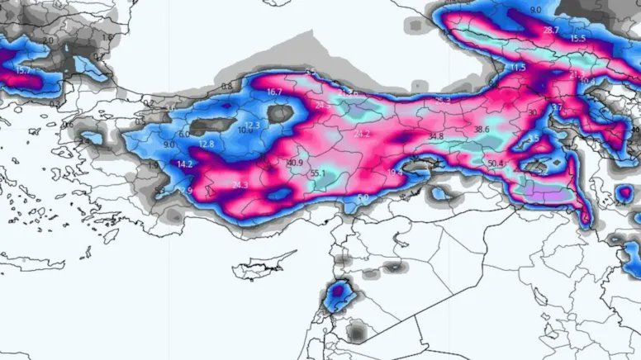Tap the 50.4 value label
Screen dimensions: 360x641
coord(496,164)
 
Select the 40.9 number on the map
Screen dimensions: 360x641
coord(295,163)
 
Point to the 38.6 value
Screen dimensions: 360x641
coord(482,130)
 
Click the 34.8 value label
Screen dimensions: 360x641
coord(436,136)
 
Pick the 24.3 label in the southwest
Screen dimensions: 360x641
coord(240,185)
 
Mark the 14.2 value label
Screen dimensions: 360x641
coord(185,164)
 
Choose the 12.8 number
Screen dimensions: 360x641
coord(207,144)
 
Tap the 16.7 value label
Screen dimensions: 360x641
coord(274,92)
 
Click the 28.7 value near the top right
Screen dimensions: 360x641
coord(551,30)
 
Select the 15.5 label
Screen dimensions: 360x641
coord(577,39)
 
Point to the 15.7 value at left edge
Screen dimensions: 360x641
coord(22,71)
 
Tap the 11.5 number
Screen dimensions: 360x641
coord(518,68)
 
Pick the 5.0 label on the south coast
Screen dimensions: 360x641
coord(364,198)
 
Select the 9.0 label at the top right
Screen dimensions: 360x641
coord(535,10)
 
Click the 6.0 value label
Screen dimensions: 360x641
coord(184,134)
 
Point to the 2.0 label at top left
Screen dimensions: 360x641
coord(48,40)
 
